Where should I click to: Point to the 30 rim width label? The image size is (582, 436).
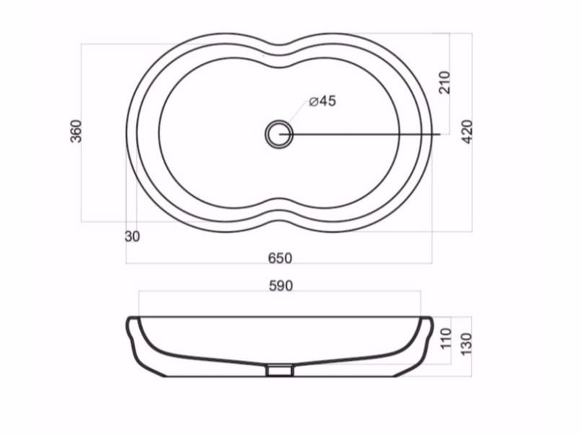click(x=132, y=236)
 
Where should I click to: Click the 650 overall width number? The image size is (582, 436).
click(x=280, y=257)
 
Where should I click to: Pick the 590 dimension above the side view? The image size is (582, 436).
click(x=280, y=286)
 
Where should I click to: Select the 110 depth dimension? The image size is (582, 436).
click(x=444, y=337)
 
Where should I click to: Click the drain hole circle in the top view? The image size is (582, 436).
click(x=278, y=134)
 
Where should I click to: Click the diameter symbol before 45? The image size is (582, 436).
click(x=314, y=102)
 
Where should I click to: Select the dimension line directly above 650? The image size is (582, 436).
click(x=280, y=264)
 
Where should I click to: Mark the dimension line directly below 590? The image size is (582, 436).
click(x=280, y=293)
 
